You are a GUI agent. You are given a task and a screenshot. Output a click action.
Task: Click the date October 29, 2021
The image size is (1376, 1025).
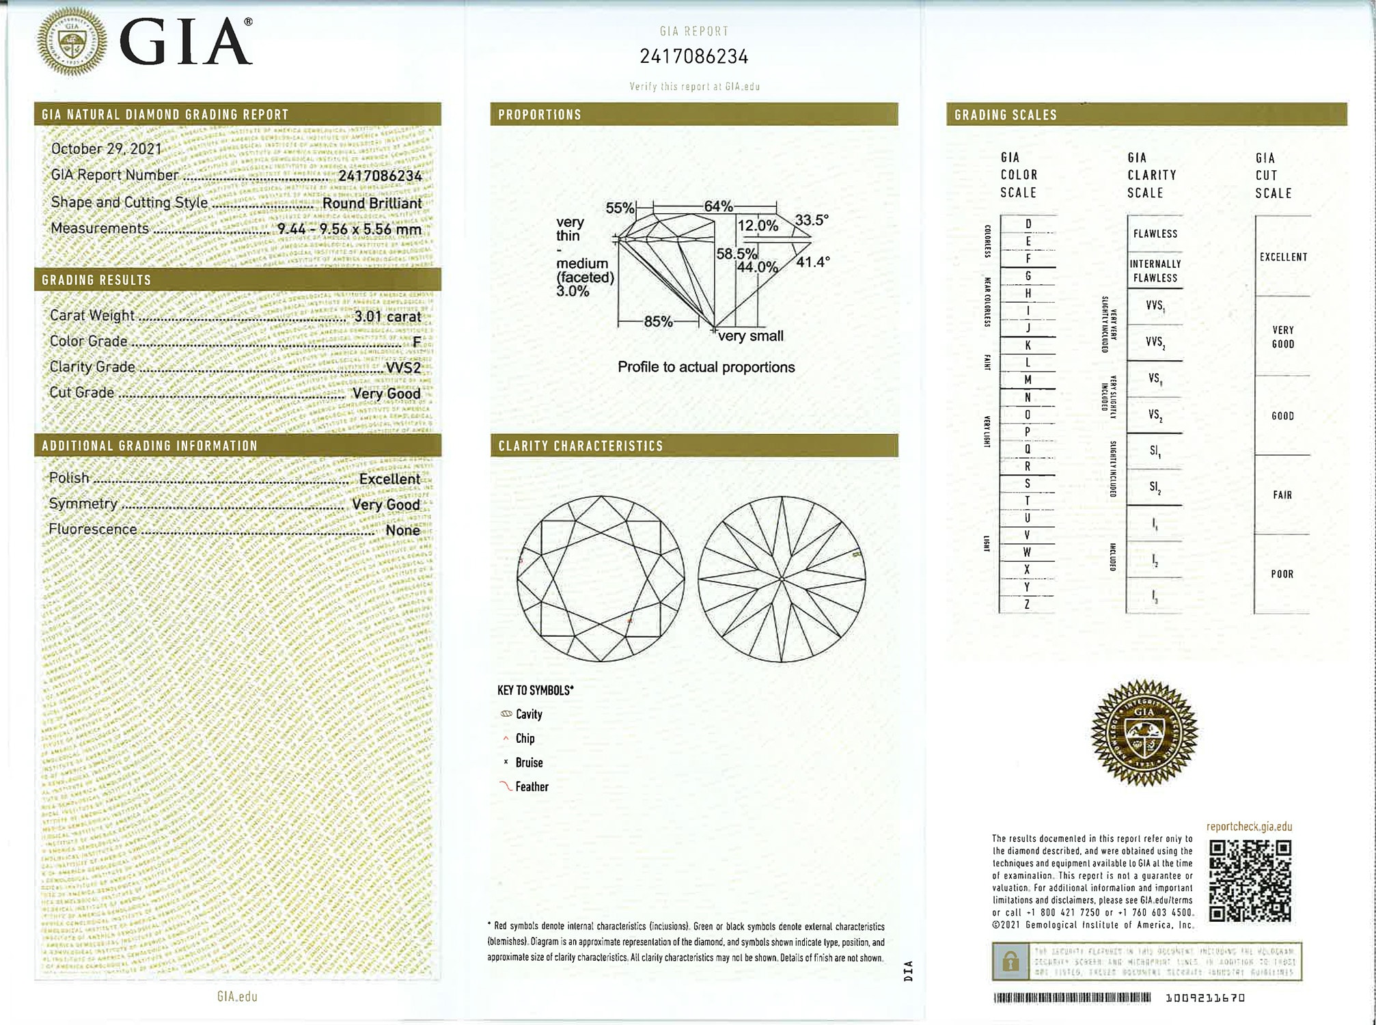(x=107, y=149)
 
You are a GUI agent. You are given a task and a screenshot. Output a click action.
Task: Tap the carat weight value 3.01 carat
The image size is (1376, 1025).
(x=387, y=316)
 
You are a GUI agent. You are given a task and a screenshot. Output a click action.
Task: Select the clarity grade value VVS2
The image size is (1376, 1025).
(x=403, y=368)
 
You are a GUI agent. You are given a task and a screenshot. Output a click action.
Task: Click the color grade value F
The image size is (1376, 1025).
(x=416, y=342)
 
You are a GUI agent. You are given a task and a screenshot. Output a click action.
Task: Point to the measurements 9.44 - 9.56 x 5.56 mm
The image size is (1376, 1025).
(x=349, y=230)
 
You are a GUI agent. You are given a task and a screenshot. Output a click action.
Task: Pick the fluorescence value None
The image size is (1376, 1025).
(x=402, y=530)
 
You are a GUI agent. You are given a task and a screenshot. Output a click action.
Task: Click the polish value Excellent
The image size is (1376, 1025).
(x=389, y=479)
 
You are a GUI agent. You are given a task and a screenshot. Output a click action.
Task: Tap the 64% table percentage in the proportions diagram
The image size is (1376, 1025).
(x=718, y=206)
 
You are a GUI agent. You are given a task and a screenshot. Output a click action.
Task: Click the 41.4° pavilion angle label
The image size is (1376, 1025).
(x=812, y=262)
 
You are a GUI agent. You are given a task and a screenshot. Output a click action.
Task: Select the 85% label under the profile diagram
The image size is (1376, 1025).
(x=658, y=321)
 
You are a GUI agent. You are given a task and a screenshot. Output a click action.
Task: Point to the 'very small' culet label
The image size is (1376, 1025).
(x=750, y=336)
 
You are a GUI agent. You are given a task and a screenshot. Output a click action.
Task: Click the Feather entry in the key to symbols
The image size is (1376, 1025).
(x=532, y=787)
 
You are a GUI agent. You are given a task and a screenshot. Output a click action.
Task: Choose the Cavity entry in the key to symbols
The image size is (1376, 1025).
(x=528, y=714)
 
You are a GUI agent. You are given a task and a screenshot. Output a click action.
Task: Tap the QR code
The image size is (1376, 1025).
(x=1250, y=880)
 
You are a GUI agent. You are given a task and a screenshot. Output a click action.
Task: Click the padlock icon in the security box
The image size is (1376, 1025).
(x=1010, y=962)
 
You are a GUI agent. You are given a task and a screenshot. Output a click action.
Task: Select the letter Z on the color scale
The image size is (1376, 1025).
(x=1027, y=604)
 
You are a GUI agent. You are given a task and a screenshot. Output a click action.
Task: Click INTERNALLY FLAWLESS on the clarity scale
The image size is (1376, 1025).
(x=1155, y=271)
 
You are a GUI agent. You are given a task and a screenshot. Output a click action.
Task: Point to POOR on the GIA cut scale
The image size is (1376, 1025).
(x=1282, y=574)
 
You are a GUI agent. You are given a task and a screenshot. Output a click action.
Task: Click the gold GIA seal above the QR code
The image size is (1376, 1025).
(x=1144, y=733)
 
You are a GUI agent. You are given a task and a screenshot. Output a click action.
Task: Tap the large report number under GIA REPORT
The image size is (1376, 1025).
(x=693, y=57)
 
